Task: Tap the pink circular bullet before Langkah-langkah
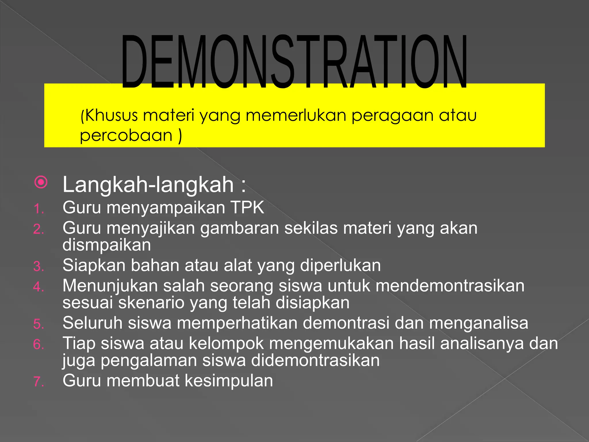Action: pos(41,182)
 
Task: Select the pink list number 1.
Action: pos(38,209)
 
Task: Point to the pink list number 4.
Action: pos(38,287)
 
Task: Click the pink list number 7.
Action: pos(39,382)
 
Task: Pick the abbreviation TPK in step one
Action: pos(247,207)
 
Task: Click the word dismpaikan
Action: pos(107,245)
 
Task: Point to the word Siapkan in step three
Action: pos(94,265)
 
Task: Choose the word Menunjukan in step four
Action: pos(110,286)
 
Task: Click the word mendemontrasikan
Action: pos(450,286)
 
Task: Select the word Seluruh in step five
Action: pos(92,323)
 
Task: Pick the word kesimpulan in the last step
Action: pos(229,381)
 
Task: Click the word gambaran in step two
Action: pos(240,228)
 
